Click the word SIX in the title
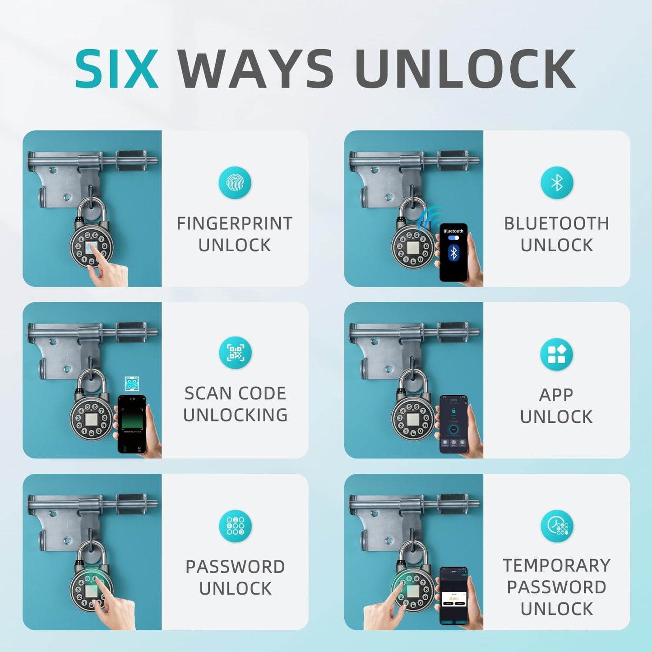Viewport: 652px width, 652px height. (116, 69)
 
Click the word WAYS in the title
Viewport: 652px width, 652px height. (255, 69)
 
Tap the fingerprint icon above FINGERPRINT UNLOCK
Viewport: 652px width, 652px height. (235, 183)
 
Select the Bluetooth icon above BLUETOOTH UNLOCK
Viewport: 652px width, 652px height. (557, 183)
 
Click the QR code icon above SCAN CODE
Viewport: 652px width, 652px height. (235, 352)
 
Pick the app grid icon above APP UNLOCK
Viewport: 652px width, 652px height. (556, 354)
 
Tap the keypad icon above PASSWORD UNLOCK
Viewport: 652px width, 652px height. (235, 526)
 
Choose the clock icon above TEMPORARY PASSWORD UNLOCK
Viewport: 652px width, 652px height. (557, 526)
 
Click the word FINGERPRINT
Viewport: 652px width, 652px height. (234, 223)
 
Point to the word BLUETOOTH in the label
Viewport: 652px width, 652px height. (556, 223)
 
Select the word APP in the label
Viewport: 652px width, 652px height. (556, 395)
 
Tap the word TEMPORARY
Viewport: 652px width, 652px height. (556, 565)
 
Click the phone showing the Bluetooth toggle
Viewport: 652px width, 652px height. (453, 252)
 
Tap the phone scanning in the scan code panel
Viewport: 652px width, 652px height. (132, 424)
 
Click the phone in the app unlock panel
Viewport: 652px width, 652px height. (453, 424)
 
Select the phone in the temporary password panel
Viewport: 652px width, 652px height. (453, 596)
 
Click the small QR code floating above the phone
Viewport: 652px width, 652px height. (132, 384)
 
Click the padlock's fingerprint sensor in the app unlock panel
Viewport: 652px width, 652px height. (412, 419)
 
